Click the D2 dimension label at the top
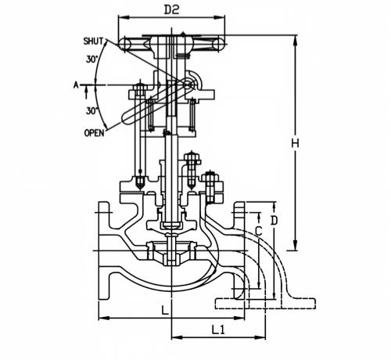coord(171,10)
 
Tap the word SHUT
coord(93,41)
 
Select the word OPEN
coord(94,133)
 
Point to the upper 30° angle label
coord(92,59)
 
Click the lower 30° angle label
coord(92,111)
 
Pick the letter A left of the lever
coord(76,85)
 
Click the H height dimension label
coord(295,143)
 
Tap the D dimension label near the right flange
coord(274,221)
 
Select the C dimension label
coord(258,232)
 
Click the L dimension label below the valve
coord(165,311)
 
